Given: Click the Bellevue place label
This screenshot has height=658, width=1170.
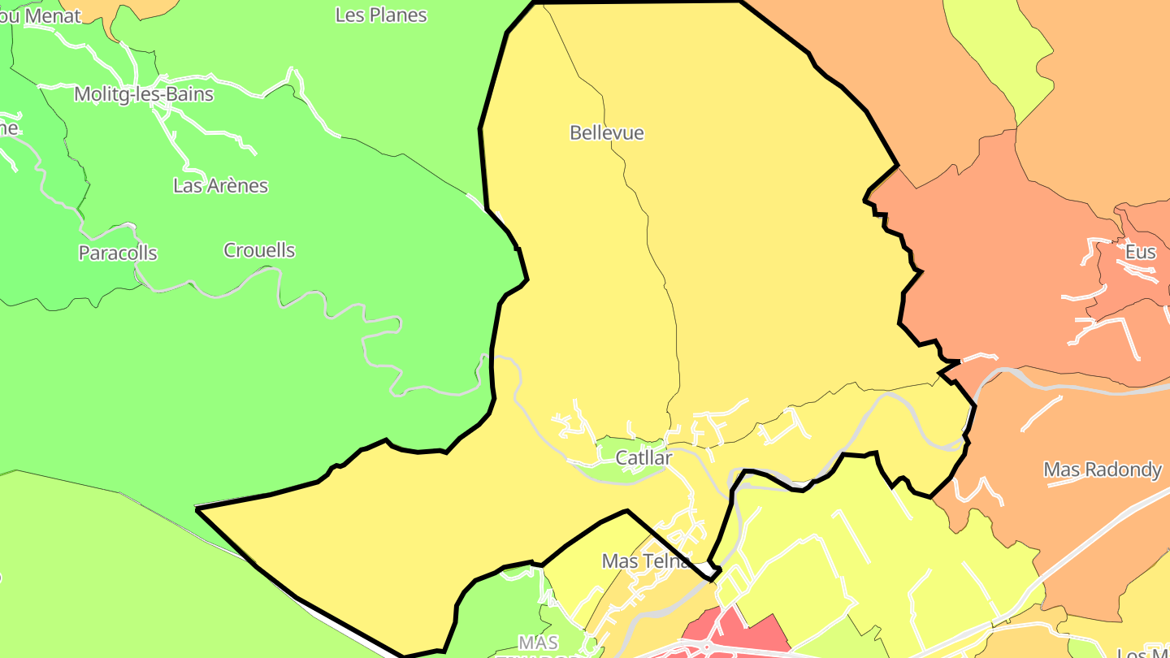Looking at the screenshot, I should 607,132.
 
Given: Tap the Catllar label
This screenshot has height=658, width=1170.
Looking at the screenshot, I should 643,458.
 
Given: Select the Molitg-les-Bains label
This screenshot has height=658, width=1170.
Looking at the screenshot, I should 144,94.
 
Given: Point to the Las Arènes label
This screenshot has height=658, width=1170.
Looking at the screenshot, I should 220,185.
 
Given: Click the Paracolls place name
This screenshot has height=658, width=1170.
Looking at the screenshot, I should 118,253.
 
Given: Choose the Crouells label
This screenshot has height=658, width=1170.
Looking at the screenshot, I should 259,250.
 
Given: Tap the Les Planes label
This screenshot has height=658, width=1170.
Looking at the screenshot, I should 381,15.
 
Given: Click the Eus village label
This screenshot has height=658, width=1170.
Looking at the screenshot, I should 1140,252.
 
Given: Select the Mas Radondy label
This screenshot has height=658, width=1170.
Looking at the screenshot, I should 1103,470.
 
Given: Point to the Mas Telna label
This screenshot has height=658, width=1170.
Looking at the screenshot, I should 646,561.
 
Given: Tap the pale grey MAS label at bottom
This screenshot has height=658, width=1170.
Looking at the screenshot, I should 538,642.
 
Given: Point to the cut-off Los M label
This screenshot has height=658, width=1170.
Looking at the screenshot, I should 1144,652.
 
